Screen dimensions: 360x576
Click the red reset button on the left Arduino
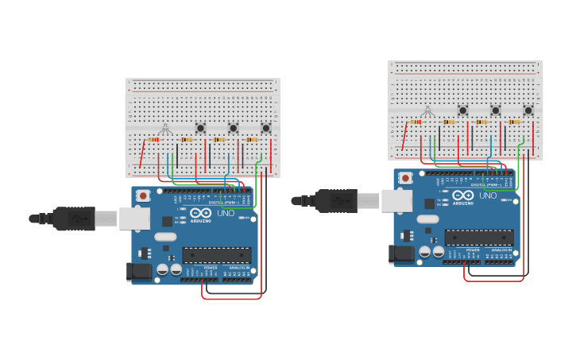click(x=143, y=195)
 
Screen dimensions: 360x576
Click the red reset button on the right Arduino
click(x=405, y=178)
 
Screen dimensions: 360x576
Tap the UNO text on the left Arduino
click(x=226, y=213)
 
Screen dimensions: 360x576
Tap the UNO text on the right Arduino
click(x=488, y=195)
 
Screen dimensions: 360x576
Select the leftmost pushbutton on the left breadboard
click(x=200, y=127)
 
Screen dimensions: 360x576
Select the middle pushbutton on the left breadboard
click(x=233, y=127)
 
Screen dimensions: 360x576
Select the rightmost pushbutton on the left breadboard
click(x=266, y=127)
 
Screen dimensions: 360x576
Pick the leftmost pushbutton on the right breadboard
click(x=462, y=110)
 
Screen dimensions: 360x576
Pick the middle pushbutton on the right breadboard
click(x=495, y=110)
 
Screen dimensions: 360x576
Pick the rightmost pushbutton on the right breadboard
click(x=528, y=110)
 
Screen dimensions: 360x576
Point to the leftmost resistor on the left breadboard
click(x=154, y=140)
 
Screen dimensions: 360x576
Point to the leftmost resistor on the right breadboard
click(x=416, y=122)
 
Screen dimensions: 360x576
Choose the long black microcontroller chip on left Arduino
click(x=217, y=255)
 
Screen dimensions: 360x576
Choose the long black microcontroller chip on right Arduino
click(x=479, y=238)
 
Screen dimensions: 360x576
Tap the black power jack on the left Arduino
click(x=140, y=271)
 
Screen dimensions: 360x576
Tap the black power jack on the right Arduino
click(x=402, y=254)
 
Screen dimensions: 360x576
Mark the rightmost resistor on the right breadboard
click(x=514, y=122)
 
